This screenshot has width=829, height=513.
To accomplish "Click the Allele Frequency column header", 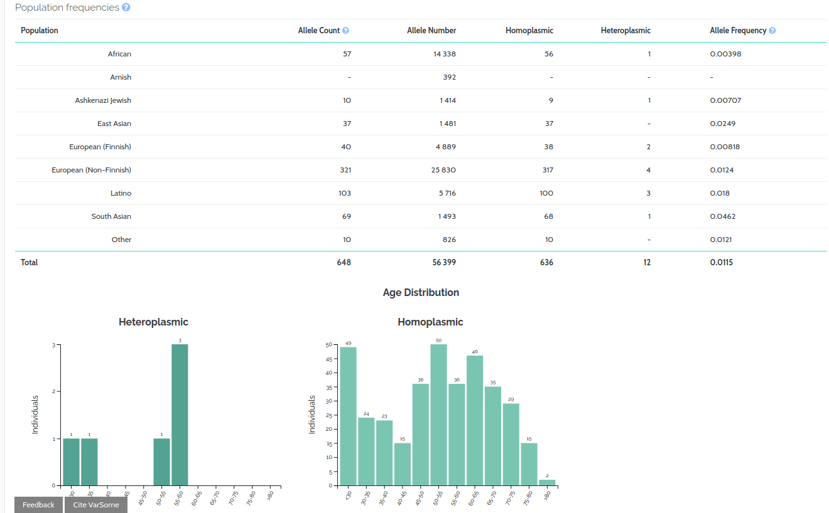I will (x=738, y=30).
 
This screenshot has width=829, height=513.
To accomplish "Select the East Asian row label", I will (x=114, y=124).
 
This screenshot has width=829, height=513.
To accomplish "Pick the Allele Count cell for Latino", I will (x=344, y=193).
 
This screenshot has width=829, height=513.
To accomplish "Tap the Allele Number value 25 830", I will (x=445, y=170).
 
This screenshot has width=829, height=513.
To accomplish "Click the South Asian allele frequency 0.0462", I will (x=722, y=216).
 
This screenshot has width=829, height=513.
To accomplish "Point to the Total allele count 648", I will (x=344, y=262).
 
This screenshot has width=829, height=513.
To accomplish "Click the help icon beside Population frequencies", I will (x=126, y=8).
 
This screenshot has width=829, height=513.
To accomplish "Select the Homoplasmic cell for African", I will (x=548, y=54).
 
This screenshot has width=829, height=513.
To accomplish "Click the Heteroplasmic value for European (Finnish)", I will (x=648, y=147).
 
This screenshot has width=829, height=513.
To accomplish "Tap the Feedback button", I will (x=38, y=505).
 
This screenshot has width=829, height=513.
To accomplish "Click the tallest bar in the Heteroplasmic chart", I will (x=180, y=415).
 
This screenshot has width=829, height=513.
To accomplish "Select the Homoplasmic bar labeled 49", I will (x=348, y=416).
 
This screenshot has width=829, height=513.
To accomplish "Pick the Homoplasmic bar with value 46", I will (x=475, y=420).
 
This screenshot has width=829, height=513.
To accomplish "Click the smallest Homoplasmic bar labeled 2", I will (x=547, y=483).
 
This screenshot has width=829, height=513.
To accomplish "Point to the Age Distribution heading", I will (x=421, y=292).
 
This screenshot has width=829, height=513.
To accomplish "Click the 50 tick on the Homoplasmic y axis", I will (x=328, y=345).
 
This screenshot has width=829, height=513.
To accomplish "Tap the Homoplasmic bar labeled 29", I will (x=511, y=444).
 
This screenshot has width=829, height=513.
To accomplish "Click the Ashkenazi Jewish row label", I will (x=103, y=100).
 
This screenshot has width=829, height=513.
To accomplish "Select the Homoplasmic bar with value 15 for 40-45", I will (x=403, y=464).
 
